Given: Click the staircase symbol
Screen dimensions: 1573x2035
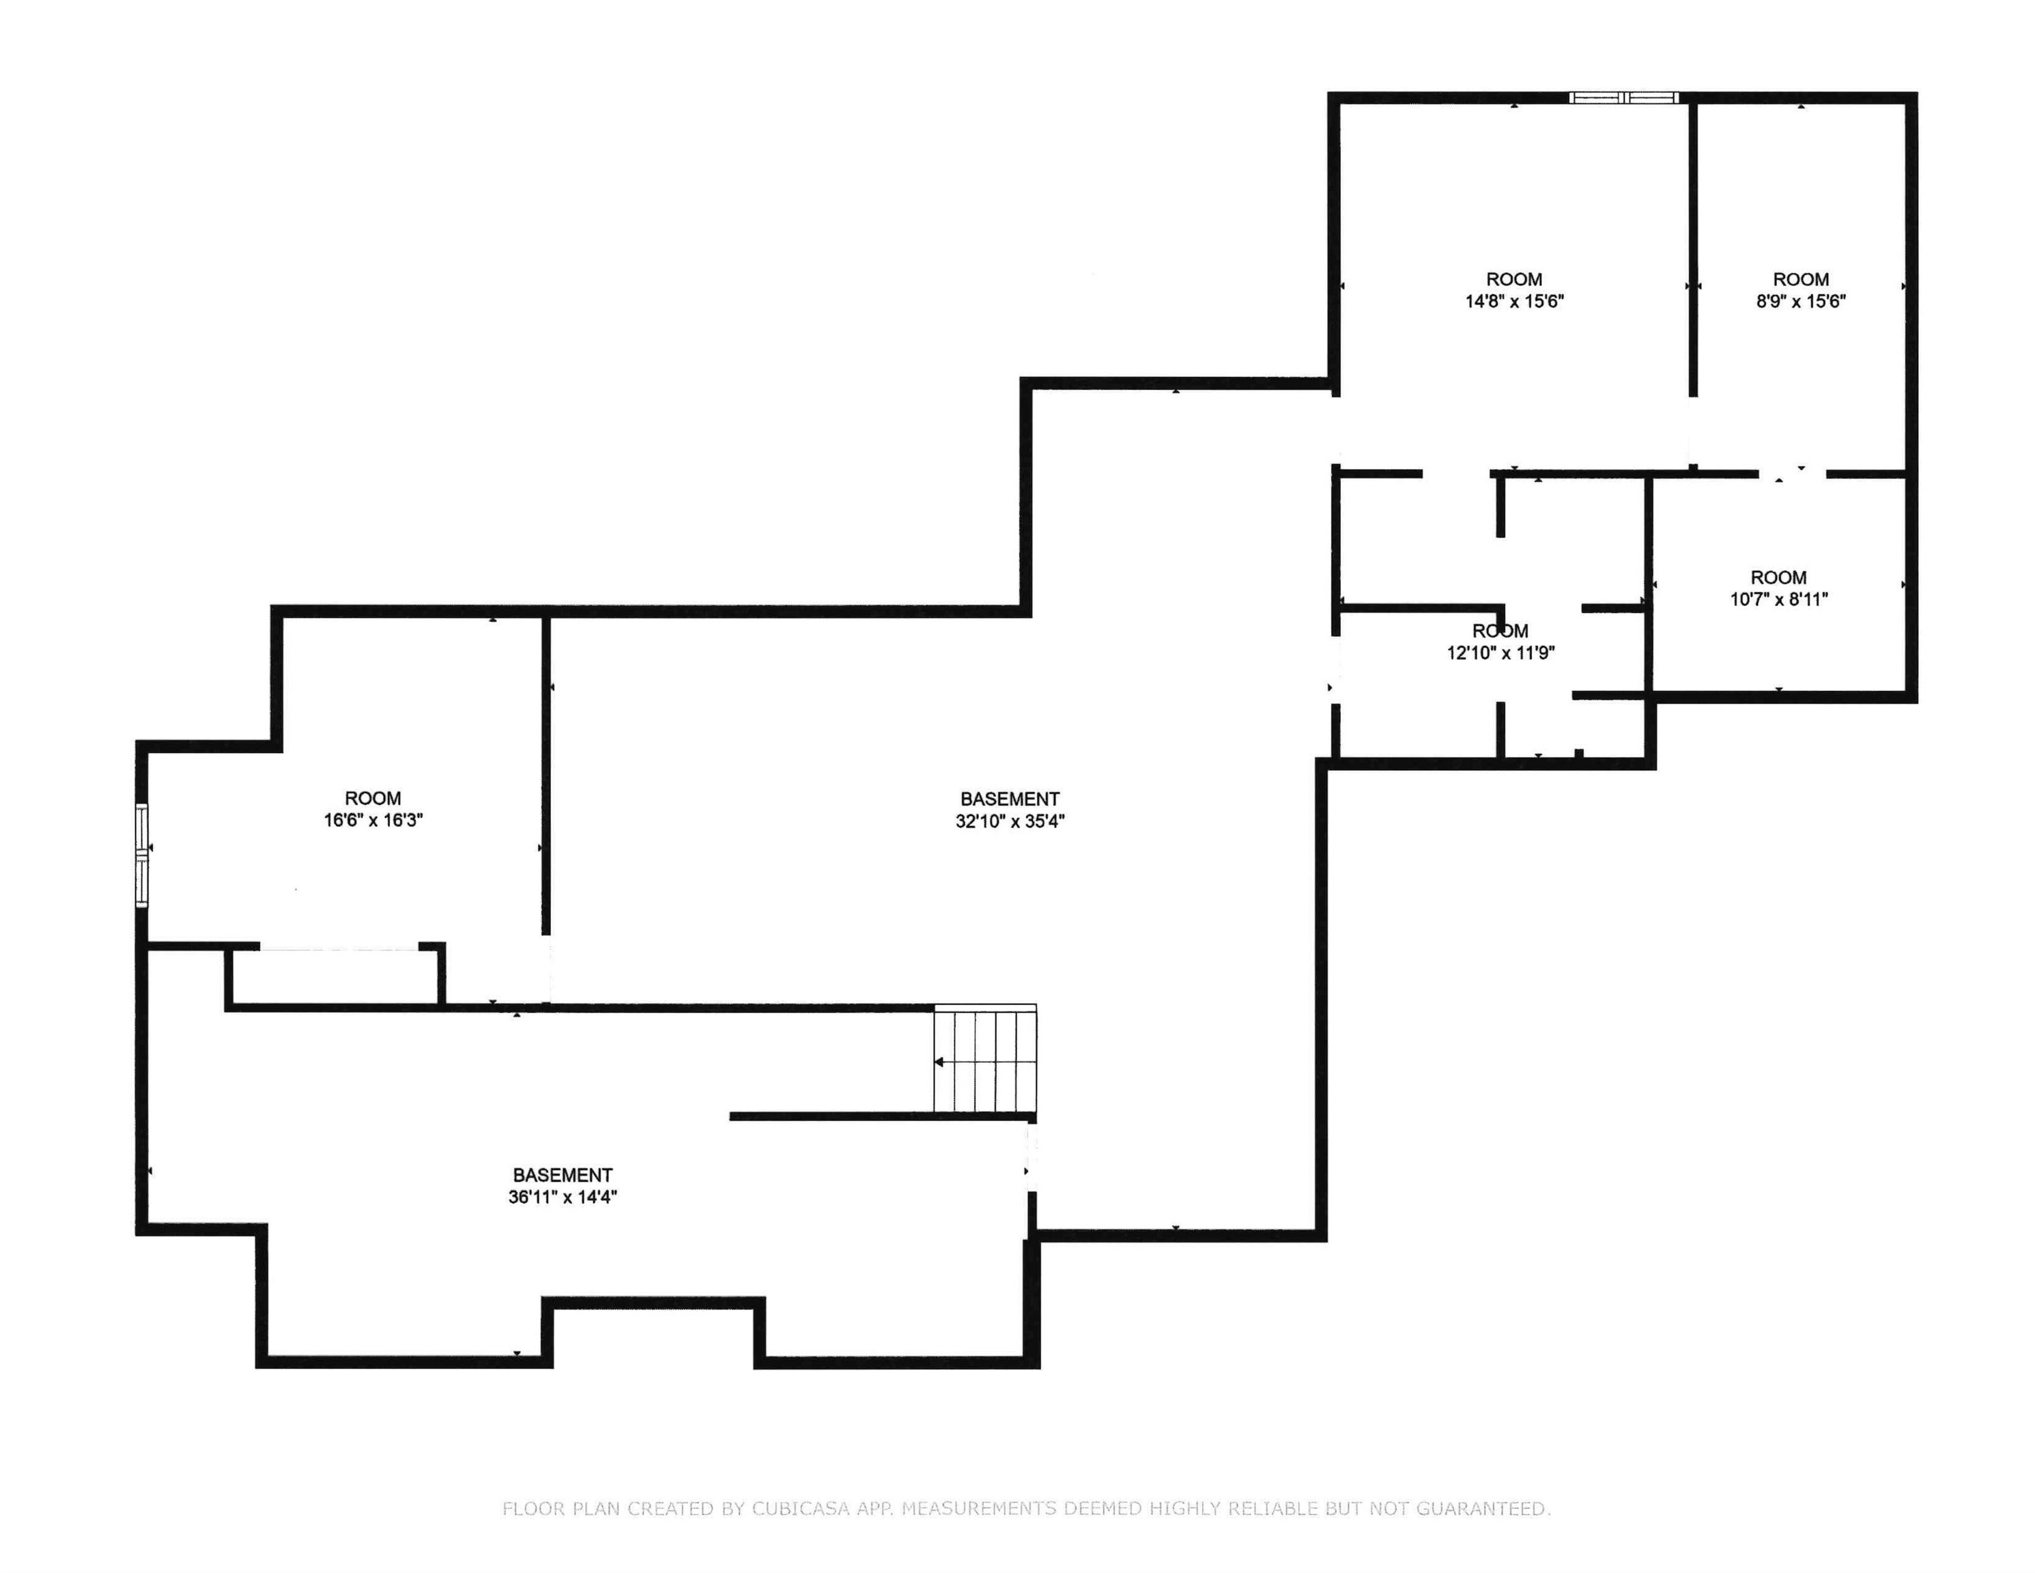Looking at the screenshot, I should click(985, 1060).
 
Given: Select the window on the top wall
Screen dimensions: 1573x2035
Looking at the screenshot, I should click(1623, 97).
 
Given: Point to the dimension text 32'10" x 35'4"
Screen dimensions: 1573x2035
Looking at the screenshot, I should click(1010, 821).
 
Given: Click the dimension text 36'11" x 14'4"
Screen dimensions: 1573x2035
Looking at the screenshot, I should click(562, 1198).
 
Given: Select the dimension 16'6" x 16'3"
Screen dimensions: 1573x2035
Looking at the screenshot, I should click(373, 820).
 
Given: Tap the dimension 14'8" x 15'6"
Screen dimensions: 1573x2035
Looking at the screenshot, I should click(1514, 301).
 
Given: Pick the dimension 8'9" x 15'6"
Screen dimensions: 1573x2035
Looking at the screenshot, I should click(1800, 301).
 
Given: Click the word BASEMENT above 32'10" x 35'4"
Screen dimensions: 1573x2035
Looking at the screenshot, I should click(1010, 799).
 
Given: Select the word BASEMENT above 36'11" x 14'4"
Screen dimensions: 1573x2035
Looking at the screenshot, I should click(562, 1175).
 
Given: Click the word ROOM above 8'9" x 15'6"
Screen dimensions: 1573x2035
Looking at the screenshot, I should click(1800, 279).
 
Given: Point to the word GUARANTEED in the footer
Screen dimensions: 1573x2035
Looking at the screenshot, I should click(1481, 1507).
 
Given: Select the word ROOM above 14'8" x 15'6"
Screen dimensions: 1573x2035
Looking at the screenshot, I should click(1514, 279).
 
